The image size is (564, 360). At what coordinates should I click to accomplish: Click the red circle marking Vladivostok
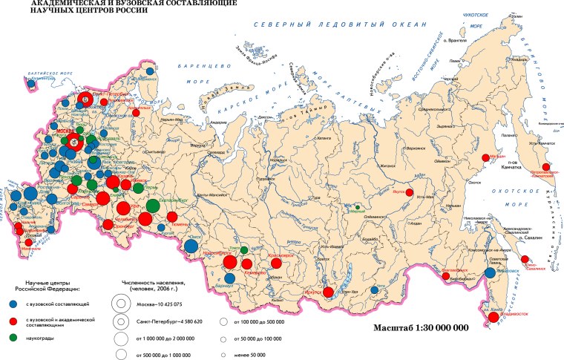click(493, 318)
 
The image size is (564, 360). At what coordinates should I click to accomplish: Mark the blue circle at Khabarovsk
click(490, 273)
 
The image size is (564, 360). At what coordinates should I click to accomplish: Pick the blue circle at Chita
click(376, 290)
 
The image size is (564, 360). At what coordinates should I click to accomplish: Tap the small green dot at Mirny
click(358, 207)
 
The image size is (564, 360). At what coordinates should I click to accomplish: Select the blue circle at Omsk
click(191, 246)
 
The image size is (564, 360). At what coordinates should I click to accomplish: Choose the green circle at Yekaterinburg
click(153, 205)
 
